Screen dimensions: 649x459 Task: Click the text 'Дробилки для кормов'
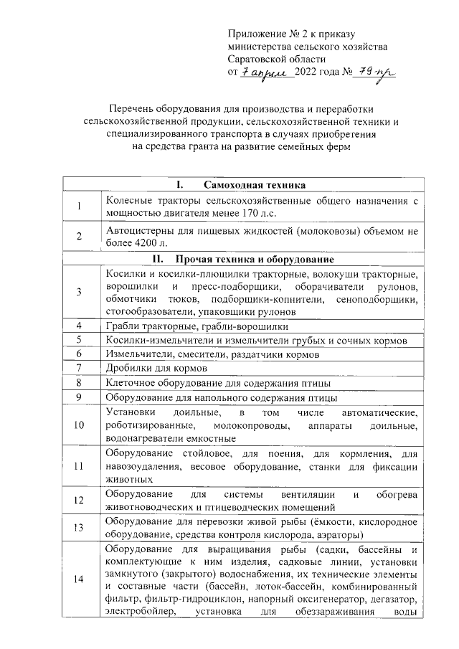tap(153, 368)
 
